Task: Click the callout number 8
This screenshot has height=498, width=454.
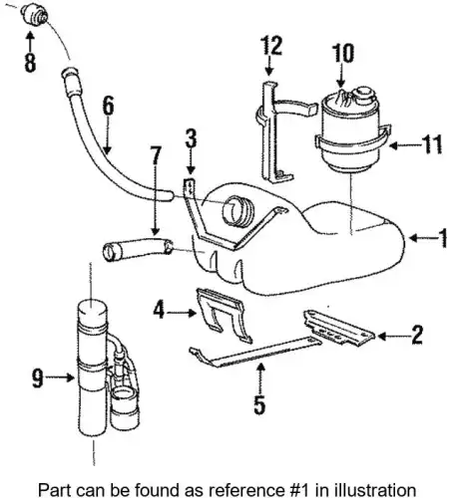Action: [x=30, y=63]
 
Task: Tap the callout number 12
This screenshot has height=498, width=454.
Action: [x=271, y=45]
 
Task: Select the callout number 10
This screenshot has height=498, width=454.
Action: [x=343, y=53]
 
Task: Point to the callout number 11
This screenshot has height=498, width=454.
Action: [x=432, y=144]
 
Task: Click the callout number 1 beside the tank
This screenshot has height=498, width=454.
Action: [x=443, y=238]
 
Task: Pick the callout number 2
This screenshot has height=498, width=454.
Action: [x=416, y=335]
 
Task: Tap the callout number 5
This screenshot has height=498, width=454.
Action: [x=259, y=404]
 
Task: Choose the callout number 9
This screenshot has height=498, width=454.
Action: [x=38, y=378]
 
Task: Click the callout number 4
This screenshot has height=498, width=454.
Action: [x=159, y=310]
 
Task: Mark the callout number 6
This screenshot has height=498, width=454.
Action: [x=108, y=106]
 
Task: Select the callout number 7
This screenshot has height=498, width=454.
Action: [x=156, y=155]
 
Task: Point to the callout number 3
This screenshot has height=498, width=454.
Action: [x=191, y=138]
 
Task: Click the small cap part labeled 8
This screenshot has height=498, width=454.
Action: [x=35, y=14]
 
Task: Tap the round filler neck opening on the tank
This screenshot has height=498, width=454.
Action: [x=237, y=211]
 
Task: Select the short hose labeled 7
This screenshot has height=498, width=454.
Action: [x=138, y=250]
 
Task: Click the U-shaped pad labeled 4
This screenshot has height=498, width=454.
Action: [x=224, y=314]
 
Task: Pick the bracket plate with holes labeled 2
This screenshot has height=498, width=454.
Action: [x=338, y=328]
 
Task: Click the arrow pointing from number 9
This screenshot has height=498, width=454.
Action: [x=60, y=377]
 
